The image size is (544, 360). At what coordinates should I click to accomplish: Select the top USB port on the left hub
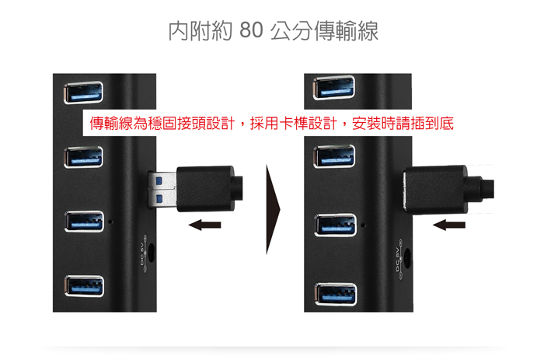coord(82,93)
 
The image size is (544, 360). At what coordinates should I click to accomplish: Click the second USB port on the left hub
coord(82,158)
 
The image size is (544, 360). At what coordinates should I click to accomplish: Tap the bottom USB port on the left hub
coord(84,285)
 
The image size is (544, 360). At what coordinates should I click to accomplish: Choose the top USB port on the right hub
coord(335,89)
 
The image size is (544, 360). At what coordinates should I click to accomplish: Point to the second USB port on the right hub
coord(335,157)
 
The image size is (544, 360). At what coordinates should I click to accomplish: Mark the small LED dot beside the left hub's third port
coord(110,222)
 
